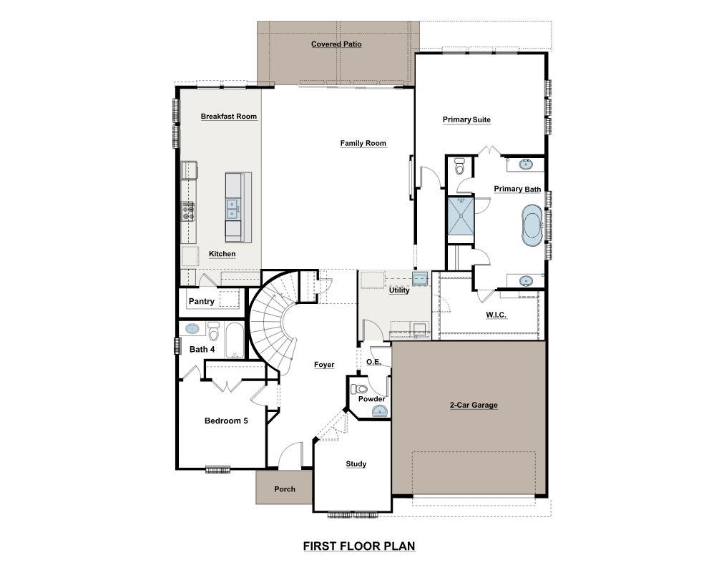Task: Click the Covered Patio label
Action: [x=336, y=44]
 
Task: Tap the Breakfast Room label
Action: [x=228, y=117]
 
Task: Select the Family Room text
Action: [x=363, y=144]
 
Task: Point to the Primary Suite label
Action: [x=466, y=120]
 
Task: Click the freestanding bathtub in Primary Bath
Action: [x=532, y=225]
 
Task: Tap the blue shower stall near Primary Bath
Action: [x=460, y=216]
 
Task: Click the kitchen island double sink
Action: [x=233, y=208]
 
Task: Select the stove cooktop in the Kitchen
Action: [x=188, y=210]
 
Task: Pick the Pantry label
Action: [x=201, y=302]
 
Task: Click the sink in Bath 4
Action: [x=192, y=329]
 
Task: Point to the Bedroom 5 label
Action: [x=226, y=421]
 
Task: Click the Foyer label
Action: [x=324, y=365]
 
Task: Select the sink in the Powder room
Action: [x=380, y=411]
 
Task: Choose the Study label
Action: [x=356, y=464]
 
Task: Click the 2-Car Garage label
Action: [x=473, y=406]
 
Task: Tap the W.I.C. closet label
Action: [x=496, y=315]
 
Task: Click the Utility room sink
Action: [x=420, y=277]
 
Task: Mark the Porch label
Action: [x=284, y=490]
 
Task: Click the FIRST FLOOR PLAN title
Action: [x=358, y=546]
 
